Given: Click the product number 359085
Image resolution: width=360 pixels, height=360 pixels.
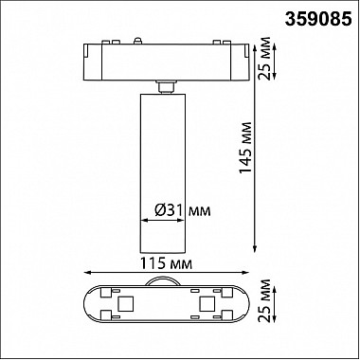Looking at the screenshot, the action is tap(318, 19).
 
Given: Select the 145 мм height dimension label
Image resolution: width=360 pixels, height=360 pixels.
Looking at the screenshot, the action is tap(245, 148).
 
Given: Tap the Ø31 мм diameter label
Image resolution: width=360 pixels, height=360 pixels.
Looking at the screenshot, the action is tap(183, 210).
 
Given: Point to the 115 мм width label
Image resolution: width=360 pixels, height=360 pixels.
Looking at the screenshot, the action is tap(166, 263).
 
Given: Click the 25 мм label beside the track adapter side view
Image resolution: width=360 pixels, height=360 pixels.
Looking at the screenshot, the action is tap(264, 59).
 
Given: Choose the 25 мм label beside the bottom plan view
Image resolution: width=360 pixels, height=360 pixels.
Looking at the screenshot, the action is tap(264, 300).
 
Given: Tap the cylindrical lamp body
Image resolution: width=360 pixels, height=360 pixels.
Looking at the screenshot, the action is tap(163, 173).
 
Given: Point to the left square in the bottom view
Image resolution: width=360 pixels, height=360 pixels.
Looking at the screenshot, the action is tap(123, 303).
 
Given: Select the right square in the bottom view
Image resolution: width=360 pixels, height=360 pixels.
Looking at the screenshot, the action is tap(206, 303).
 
